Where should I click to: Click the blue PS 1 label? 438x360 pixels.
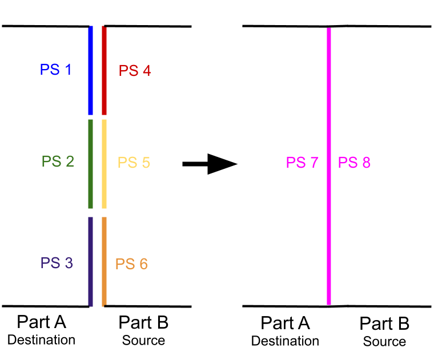55,70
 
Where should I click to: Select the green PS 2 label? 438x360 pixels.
58,161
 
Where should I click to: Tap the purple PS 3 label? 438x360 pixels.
57,264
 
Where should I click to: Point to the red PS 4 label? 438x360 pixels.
135,71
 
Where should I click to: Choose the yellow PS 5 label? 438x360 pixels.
134,163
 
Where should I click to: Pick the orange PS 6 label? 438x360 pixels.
131,264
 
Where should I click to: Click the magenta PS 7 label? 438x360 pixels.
302,163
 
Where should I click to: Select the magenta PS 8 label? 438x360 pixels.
354,163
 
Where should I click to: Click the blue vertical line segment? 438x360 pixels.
91,70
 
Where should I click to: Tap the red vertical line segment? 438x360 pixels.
104,70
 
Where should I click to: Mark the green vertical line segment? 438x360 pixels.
91,164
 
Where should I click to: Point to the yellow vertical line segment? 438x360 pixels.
104,164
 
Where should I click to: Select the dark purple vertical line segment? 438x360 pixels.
90,261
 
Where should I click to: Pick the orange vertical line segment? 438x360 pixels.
104,261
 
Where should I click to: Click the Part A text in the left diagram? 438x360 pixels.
42,322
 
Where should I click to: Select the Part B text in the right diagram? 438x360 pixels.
384,324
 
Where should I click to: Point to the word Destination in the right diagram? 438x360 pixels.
285,341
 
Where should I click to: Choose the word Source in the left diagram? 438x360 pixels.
143,341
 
